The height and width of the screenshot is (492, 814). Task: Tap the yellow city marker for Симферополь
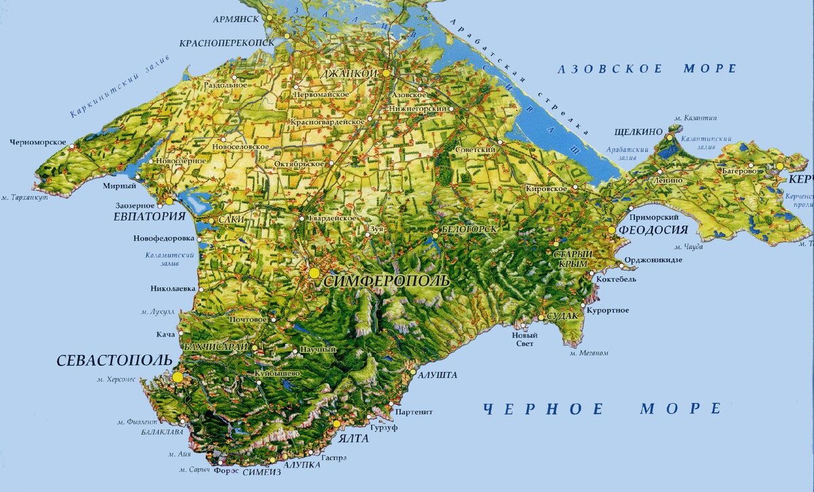click(x=314, y=272)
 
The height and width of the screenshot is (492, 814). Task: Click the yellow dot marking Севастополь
click(x=178, y=377)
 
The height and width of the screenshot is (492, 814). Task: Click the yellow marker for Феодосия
click(x=612, y=231)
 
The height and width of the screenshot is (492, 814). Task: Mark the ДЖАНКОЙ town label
click(x=351, y=73)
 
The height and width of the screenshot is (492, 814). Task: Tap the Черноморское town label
click(x=38, y=143)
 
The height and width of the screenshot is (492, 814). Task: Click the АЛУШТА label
click(x=438, y=375)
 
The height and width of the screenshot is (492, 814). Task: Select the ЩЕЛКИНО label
click(x=637, y=132)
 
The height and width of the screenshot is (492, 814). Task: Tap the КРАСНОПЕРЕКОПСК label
click(x=227, y=42)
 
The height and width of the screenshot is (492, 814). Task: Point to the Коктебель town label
click(x=616, y=280)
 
